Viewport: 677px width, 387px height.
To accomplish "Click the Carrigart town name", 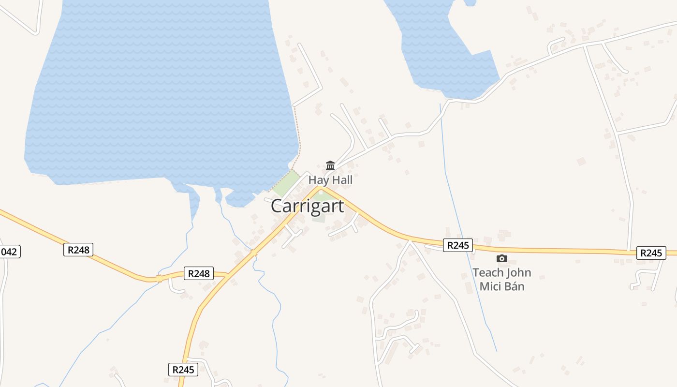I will (x=307, y=206).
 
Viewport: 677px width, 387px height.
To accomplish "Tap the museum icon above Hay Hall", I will (x=330, y=165).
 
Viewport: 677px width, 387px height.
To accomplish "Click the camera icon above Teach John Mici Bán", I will (x=502, y=259).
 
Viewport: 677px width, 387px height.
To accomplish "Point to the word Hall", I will (x=341, y=180).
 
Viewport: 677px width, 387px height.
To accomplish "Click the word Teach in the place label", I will (x=488, y=273).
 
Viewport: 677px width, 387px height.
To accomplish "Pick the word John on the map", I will (x=519, y=273).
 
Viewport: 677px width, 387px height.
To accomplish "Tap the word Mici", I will (x=489, y=286).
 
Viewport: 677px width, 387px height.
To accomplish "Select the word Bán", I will (x=514, y=286).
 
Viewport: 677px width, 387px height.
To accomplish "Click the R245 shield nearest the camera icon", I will (x=457, y=245).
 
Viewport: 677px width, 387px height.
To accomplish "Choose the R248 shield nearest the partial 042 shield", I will (x=78, y=250).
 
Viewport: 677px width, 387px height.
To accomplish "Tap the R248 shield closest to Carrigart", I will (x=198, y=273).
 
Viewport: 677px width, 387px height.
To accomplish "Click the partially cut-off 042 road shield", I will (x=9, y=252).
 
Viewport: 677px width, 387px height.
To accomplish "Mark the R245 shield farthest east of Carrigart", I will (x=650, y=253).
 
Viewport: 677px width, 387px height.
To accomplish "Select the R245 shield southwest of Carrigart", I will (x=183, y=370).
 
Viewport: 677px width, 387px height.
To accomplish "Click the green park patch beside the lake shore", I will (x=286, y=183).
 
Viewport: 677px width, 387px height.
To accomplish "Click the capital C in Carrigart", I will (x=277, y=206).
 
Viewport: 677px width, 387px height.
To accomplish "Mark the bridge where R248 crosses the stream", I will (x=159, y=279).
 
